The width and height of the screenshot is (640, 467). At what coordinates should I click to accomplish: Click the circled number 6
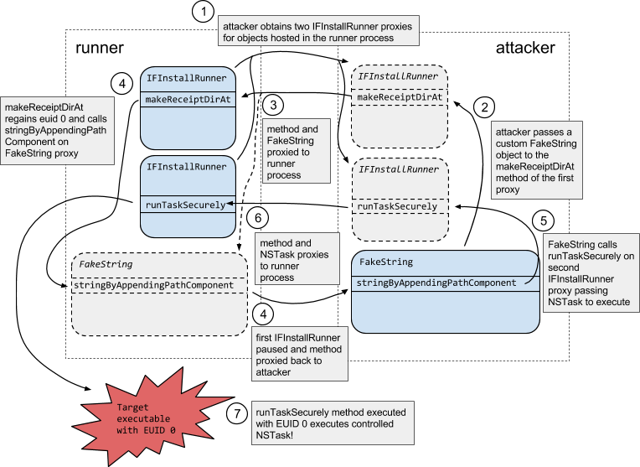click(x=258, y=219)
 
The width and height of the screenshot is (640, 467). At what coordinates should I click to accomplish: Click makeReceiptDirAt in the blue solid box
click(x=188, y=100)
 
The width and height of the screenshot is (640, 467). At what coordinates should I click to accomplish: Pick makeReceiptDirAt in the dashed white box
click(x=399, y=97)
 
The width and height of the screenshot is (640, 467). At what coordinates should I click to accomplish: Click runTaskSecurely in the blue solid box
click(x=185, y=205)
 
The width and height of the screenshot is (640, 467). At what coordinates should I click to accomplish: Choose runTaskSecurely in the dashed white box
click(x=397, y=206)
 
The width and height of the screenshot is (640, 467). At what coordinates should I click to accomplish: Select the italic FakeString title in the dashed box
click(x=105, y=263)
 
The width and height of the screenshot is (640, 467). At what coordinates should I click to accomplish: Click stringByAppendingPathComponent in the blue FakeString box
click(x=436, y=283)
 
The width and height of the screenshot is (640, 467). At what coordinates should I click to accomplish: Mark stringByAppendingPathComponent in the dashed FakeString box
click(x=153, y=285)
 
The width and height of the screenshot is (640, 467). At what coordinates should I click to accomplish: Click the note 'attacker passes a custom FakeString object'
click(x=534, y=162)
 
